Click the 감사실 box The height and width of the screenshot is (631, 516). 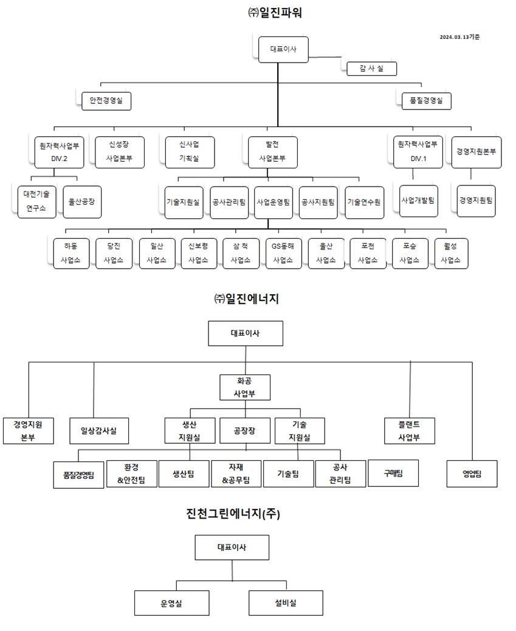[371, 69]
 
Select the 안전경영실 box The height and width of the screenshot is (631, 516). [106, 101]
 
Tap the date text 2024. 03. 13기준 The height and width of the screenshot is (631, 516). [459, 37]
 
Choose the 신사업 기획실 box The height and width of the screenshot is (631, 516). [188, 151]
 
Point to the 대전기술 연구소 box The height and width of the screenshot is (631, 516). [36, 201]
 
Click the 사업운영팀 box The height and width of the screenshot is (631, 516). [273, 202]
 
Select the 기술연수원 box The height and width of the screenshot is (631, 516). [364, 202]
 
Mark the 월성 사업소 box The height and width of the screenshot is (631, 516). [450, 253]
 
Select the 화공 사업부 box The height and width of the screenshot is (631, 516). [244, 387]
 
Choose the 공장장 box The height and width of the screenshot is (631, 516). [244, 430]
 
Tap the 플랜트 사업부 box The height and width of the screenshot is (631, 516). [409, 430]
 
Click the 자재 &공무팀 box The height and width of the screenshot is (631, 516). [236, 474]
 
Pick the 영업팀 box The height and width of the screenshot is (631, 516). [472, 474]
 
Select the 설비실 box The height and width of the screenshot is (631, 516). [285, 603]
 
